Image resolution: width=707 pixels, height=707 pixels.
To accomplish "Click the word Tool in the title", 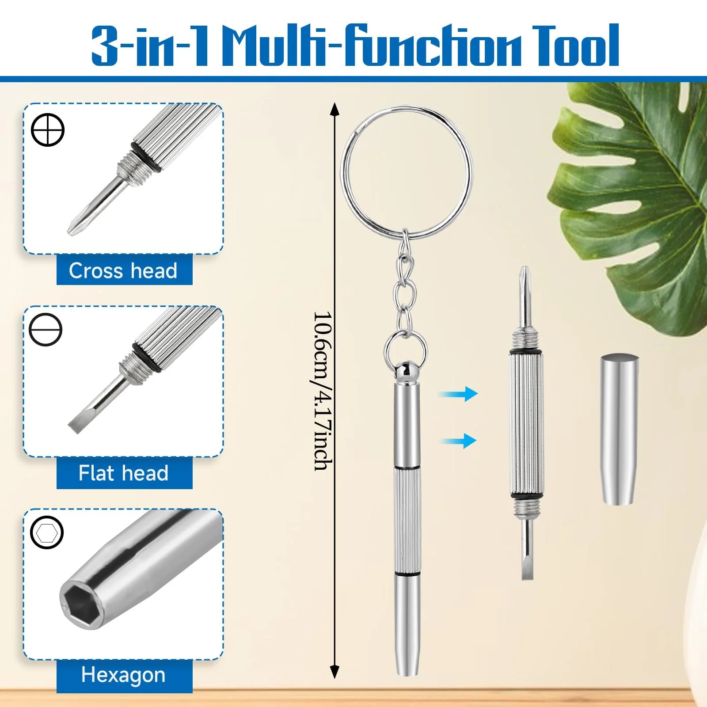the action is [576, 45].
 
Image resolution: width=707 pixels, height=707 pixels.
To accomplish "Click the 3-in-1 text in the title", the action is [150, 46].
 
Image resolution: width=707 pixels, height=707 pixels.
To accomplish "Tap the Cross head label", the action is [123, 270].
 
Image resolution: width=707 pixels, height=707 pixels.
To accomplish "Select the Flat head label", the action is [123, 473].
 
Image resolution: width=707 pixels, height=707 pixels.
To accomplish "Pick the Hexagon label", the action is [123, 675].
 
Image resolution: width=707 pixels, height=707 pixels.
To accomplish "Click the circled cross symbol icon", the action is [48, 129].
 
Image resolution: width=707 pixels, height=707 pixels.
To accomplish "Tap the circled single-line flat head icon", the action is [46, 329].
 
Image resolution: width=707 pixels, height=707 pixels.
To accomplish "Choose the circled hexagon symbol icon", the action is [47, 532].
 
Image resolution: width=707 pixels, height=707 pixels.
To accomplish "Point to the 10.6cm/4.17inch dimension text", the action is [323, 391].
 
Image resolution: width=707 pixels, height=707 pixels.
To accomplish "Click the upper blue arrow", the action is [458, 393].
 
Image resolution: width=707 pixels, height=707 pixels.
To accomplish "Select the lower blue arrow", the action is [458, 441].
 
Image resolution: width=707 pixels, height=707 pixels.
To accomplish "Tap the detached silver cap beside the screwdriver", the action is [619, 429].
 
